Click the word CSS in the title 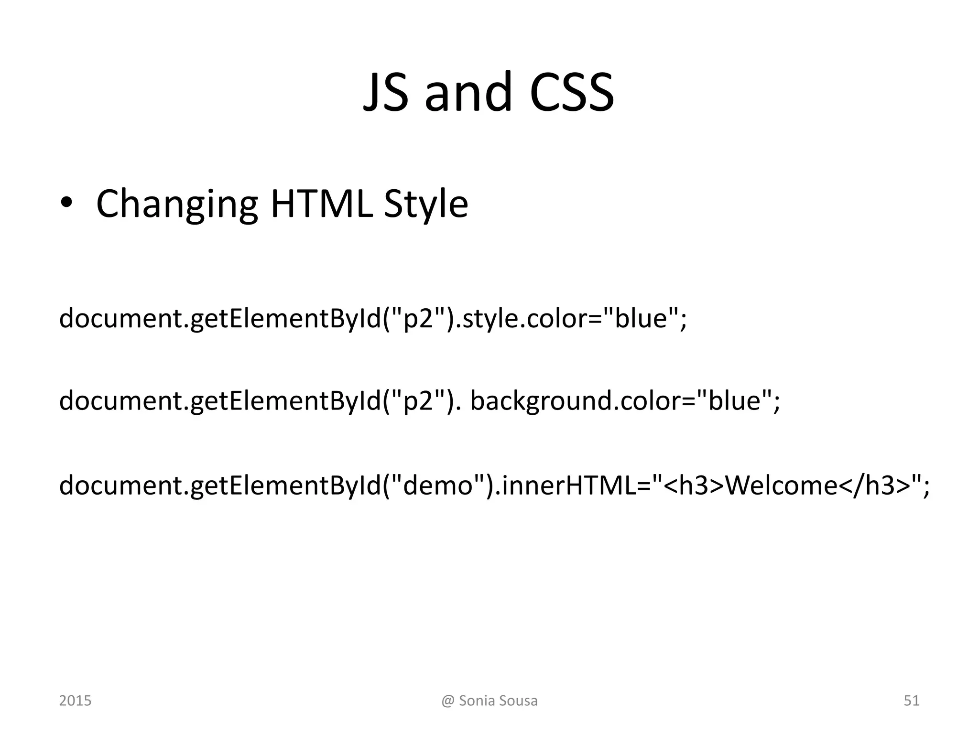pyautogui.click(x=572, y=92)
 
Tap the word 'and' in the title pyautogui.click(x=468, y=92)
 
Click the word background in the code pyautogui.click(x=541, y=400)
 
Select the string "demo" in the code pyautogui.click(x=438, y=485)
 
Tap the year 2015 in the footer pyautogui.click(x=75, y=701)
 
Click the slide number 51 pyautogui.click(x=912, y=701)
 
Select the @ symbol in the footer pyautogui.click(x=447, y=701)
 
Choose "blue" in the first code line pyautogui.click(x=641, y=318)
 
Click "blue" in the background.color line pyautogui.click(x=734, y=400)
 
